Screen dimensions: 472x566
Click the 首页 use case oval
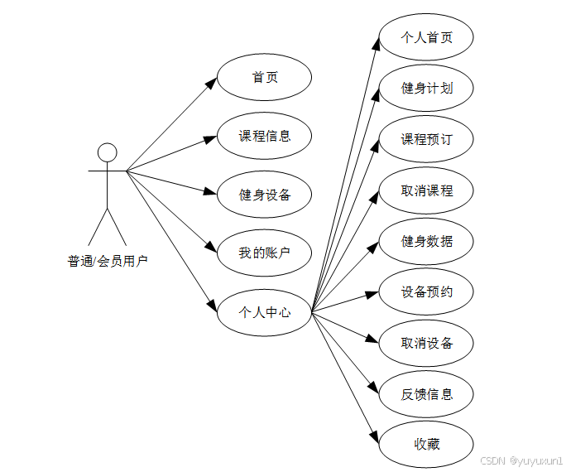[x=264, y=78]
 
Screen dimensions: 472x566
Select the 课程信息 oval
[x=264, y=136]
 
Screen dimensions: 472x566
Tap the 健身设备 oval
[x=264, y=195]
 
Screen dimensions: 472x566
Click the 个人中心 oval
[x=264, y=312]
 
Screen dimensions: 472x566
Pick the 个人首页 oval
[x=426, y=37]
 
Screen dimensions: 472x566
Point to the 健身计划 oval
[x=426, y=88]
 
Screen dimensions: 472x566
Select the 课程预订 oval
[x=426, y=139]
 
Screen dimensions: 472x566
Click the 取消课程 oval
[x=426, y=190]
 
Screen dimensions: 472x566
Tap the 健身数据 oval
[x=426, y=241]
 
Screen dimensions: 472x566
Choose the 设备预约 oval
[x=426, y=292]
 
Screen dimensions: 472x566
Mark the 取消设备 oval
[x=426, y=343]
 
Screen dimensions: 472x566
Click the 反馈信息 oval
[x=426, y=394]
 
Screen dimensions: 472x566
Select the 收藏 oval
[x=426, y=445]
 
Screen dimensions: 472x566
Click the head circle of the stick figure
[x=107, y=152]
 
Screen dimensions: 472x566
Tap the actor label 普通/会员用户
[x=108, y=262]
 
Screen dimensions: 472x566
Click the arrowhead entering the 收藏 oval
[x=374, y=439]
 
